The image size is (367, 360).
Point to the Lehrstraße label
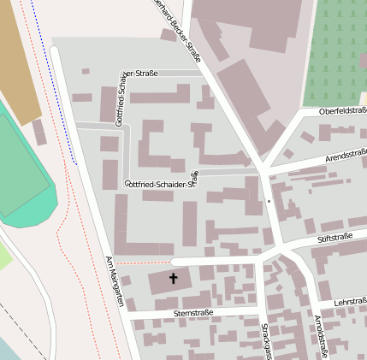pyautogui.click(x=350, y=302)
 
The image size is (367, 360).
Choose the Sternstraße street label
pyautogui.click(x=192, y=313)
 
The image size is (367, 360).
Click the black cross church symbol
pyautogui.click(x=174, y=278)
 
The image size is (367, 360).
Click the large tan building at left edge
pyautogui.click(x=17, y=60)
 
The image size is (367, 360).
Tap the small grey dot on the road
pyautogui.click(x=269, y=202)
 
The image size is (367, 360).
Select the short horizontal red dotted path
pyautogui.click(x=143, y=263)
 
